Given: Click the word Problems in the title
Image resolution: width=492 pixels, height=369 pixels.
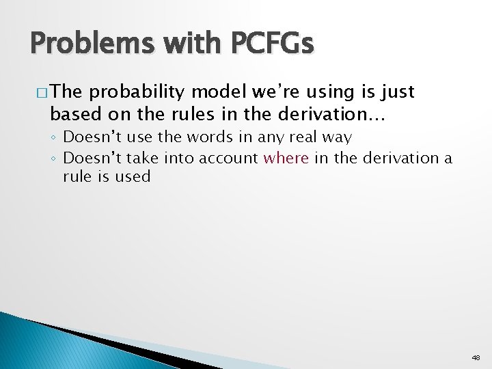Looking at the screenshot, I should [91, 44].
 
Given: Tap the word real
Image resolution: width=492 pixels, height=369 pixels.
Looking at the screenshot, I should [299, 137].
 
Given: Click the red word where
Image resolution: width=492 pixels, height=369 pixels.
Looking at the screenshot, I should [286, 158].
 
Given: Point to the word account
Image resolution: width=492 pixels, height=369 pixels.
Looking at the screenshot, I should [230, 158].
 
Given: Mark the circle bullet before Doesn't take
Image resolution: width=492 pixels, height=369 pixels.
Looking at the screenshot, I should [55, 159].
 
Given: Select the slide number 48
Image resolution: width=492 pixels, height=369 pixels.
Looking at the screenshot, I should [476, 357].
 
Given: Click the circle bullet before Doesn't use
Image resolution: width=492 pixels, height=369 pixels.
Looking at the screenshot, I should [55, 138].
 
